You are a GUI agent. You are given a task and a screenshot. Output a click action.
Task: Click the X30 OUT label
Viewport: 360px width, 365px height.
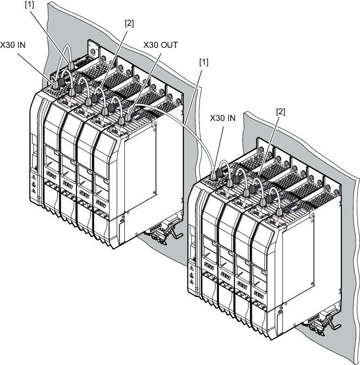[x=160, y=45]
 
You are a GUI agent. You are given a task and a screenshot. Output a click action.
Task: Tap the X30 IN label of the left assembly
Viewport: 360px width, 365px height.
[x=13, y=45]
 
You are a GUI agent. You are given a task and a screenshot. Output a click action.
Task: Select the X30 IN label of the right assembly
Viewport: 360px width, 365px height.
[x=223, y=118]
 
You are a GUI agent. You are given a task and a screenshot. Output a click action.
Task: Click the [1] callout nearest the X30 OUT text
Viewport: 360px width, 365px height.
[x=204, y=62]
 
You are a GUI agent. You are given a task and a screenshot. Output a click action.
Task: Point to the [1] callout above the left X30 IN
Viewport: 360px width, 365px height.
[x=30, y=5]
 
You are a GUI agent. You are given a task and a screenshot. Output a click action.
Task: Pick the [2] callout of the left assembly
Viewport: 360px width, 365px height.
[x=129, y=23]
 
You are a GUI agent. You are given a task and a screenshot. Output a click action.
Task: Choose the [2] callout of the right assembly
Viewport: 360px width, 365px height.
[x=280, y=112]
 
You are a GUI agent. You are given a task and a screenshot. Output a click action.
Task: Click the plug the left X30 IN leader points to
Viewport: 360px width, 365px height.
[x=55, y=84]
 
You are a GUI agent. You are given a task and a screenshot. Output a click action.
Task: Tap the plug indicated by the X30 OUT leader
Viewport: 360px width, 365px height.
[x=128, y=116]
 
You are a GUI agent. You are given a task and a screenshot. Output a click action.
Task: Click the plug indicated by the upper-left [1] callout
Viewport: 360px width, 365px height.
[x=71, y=66]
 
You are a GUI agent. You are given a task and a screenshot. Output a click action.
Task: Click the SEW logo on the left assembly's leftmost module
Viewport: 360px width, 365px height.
[x=52, y=175]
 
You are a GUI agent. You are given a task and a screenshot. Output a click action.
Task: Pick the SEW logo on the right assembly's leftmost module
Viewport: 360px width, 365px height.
[x=209, y=266]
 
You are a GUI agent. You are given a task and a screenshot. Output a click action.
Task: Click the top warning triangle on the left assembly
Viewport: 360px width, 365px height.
[x=33, y=177]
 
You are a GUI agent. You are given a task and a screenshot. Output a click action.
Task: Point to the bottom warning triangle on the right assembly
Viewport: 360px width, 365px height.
[x=192, y=282]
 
